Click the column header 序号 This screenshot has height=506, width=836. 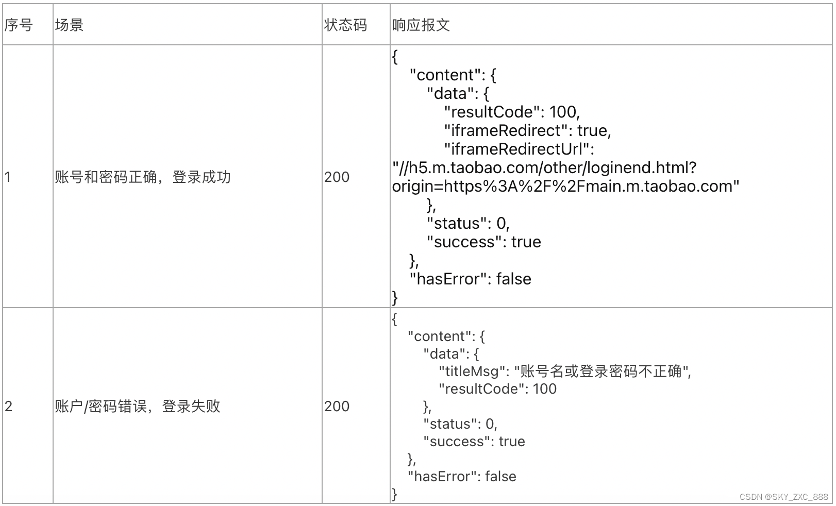pyautogui.click(x=19, y=25)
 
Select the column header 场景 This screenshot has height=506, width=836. pyautogui.click(x=69, y=25)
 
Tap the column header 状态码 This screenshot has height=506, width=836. pyautogui.click(x=345, y=25)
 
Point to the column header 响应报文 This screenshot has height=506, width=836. pyautogui.click(x=421, y=25)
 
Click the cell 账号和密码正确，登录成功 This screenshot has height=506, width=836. pyautogui.click(x=143, y=177)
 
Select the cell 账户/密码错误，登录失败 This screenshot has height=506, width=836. pyautogui.click(x=138, y=406)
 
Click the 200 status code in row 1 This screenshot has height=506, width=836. pyautogui.click(x=337, y=177)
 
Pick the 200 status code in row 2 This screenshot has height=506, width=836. pyautogui.click(x=337, y=406)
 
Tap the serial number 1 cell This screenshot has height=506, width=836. pyautogui.click(x=8, y=177)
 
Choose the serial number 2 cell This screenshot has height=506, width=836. pyautogui.click(x=8, y=406)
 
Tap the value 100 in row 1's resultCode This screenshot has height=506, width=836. pyautogui.click(x=563, y=112)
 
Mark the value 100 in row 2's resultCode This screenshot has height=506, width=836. pyautogui.click(x=544, y=389)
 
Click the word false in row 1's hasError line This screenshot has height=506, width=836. pyautogui.click(x=513, y=279)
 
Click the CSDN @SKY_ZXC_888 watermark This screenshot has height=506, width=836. pyautogui.click(x=783, y=497)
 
